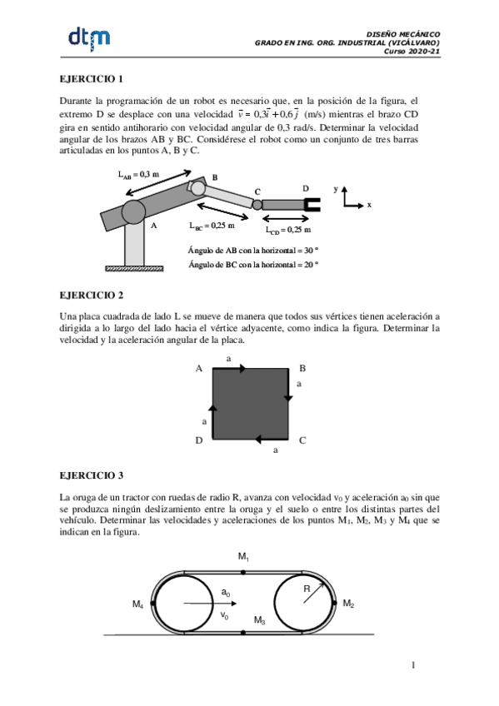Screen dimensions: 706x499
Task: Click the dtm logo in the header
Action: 88,37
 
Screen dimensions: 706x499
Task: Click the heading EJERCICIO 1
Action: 92,79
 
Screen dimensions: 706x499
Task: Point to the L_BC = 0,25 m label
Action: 212,225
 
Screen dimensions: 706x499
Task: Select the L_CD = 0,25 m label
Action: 288,231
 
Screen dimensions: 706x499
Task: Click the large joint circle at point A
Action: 135,212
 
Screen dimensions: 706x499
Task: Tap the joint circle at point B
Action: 198,188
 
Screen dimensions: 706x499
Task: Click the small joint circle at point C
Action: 257,204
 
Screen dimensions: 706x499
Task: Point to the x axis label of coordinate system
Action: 368,204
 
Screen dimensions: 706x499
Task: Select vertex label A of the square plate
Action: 198,368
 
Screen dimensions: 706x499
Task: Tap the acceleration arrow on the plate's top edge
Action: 230,367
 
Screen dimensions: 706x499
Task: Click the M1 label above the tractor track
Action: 243,555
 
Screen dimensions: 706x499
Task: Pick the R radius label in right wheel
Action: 307,589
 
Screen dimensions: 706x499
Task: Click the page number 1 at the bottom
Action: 412,664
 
